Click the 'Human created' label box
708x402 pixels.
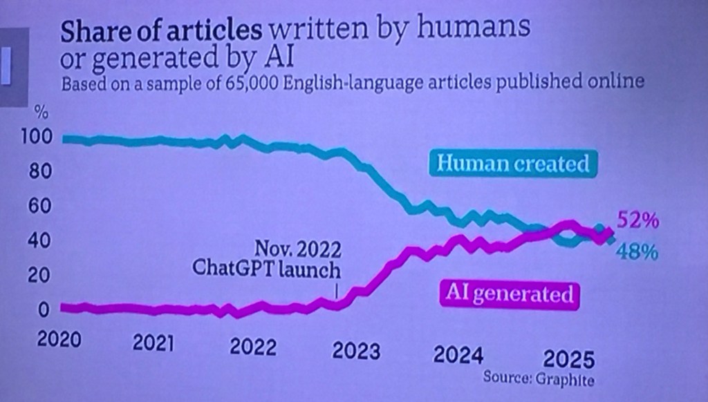pos(513,164)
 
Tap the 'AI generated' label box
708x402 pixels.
pos(510,294)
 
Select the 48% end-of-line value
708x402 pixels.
pos(636,253)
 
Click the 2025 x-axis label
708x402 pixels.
pos(568,359)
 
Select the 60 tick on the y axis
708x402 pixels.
pos(41,206)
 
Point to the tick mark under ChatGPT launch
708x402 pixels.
pos(337,291)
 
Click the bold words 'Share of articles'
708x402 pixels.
pos(161,30)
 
